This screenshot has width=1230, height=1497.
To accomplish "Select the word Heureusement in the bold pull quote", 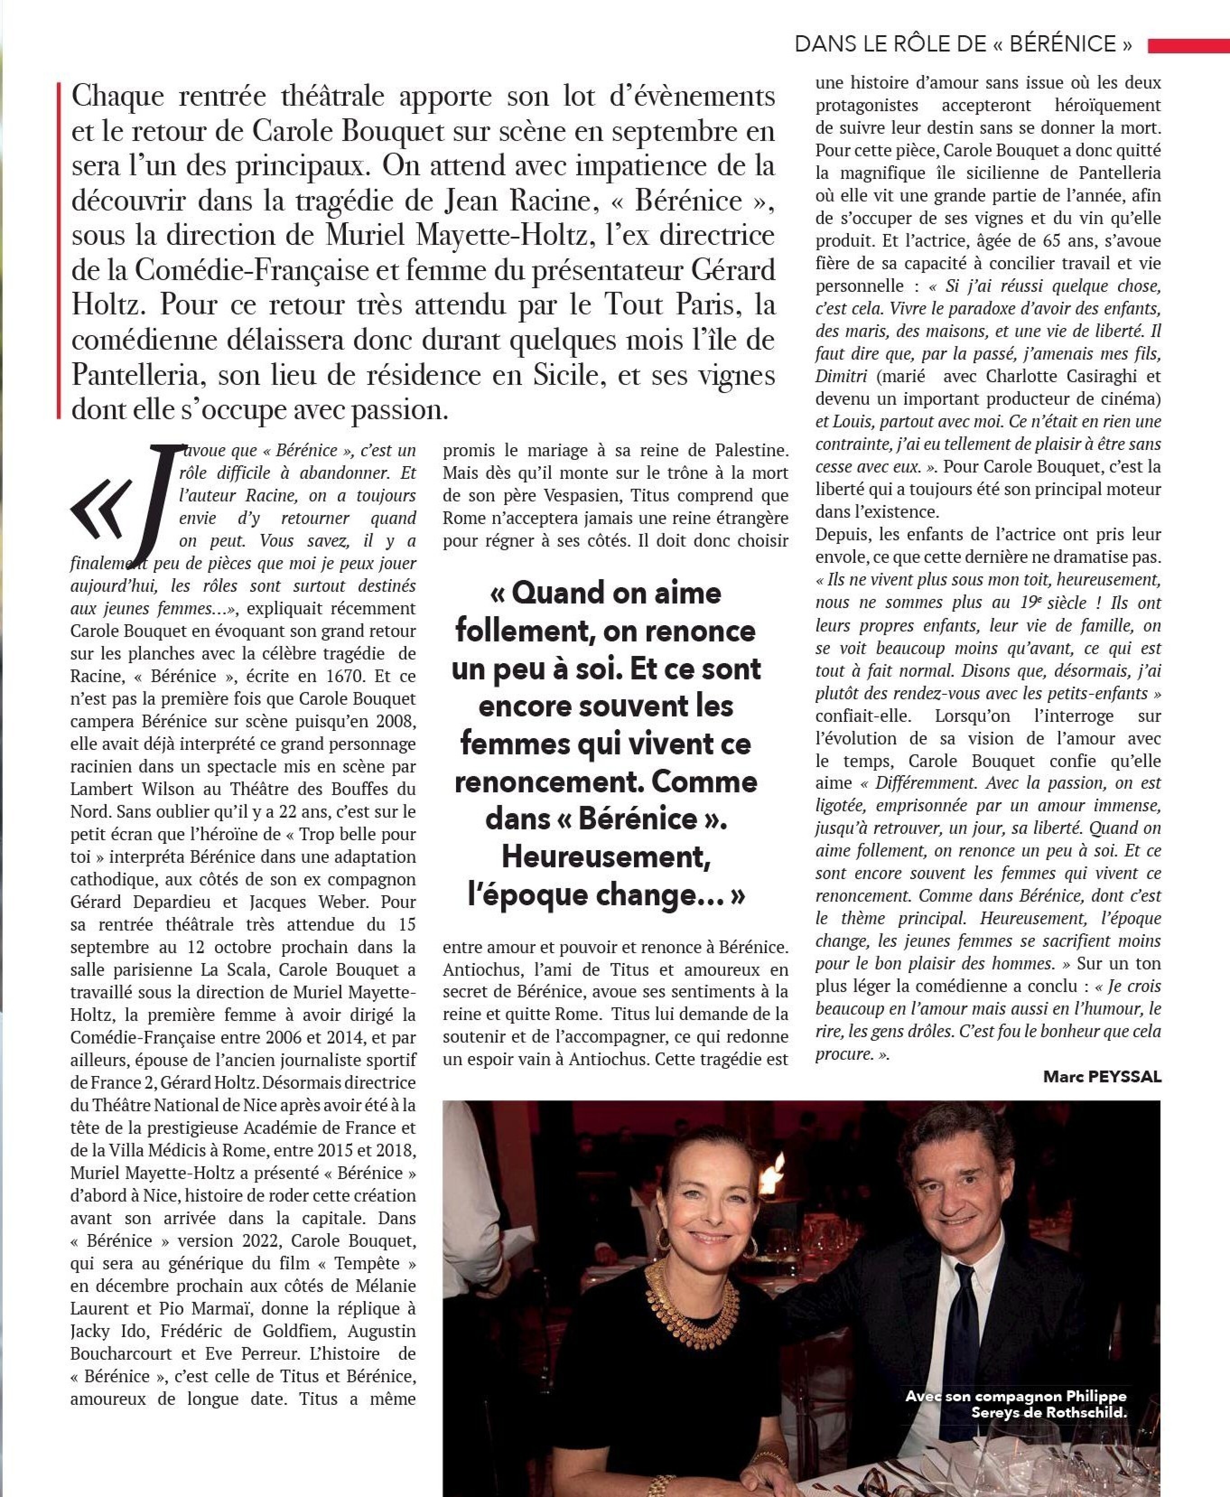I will coord(606,857).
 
